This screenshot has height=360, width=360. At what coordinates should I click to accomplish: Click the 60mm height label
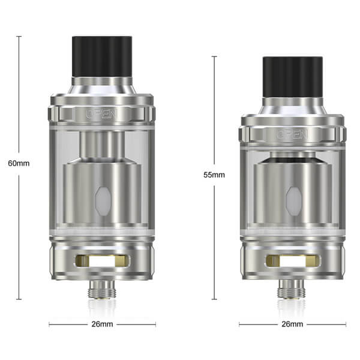19,163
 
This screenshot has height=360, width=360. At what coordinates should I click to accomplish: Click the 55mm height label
214,175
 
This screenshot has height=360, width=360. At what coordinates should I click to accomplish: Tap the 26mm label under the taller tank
102,324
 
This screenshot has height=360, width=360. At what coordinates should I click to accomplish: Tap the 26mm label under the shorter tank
292,324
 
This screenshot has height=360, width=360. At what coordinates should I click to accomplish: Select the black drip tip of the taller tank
102,56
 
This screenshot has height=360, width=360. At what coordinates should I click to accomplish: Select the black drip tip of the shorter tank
293,77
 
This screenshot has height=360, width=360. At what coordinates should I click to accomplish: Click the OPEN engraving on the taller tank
102,114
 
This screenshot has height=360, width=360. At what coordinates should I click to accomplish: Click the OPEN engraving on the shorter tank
292,134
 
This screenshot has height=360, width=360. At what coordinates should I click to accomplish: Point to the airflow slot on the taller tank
102,261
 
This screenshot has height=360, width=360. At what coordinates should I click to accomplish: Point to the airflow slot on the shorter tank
293,261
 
